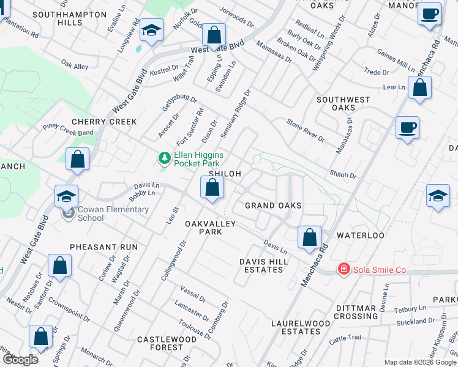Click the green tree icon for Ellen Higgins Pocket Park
click(x=164, y=159)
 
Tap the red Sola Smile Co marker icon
click(x=344, y=269)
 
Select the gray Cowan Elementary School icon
click(x=68, y=213)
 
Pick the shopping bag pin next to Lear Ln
click(x=419, y=88)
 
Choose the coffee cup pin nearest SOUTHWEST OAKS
click(x=407, y=128)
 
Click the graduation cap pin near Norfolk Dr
click(x=151, y=31)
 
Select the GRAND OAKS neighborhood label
click(x=273, y=206)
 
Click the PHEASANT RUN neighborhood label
click(x=103, y=247)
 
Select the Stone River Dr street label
click(x=306, y=130)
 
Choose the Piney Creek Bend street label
click(x=68, y=129)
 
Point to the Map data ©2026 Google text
click(x=419, y=362)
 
